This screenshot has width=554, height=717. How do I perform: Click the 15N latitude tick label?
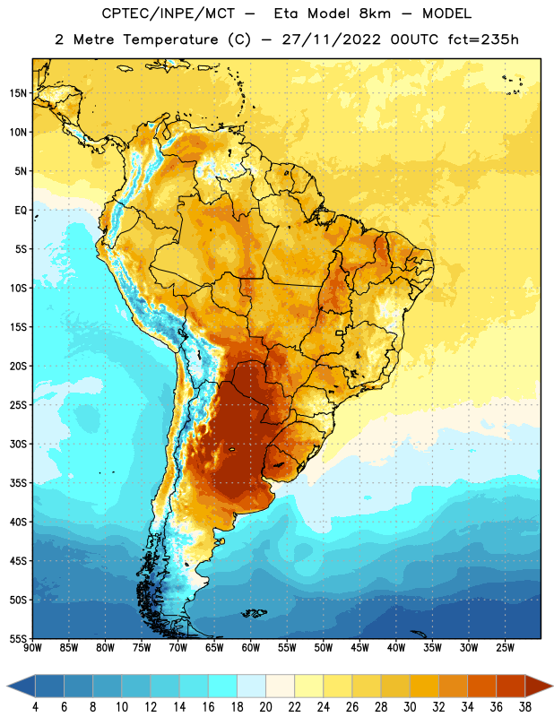coord(18,93)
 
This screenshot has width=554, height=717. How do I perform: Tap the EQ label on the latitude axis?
coord(21,211)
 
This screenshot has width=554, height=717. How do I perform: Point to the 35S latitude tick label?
coord(18,483)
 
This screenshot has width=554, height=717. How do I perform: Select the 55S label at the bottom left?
coord(18,638)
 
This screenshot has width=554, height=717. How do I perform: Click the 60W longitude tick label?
coord(251,647)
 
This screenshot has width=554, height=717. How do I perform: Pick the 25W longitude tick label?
coord(505,647)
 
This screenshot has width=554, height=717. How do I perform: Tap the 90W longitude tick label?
coord(32,647)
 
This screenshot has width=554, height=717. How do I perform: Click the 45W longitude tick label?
coord(359,647)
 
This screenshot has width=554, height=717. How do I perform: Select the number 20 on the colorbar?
coord(265,707)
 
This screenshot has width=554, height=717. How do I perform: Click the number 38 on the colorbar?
coord(524,707)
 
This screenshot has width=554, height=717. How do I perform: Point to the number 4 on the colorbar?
coord(35,707)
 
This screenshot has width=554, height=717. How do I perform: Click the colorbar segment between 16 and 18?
coord(222,686)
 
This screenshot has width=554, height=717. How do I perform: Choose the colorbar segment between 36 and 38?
coord(511,686)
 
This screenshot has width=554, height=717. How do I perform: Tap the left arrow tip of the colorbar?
coord(7,686)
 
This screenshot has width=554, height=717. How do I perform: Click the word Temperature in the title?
coord(170,39)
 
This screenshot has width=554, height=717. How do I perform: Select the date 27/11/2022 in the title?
coord(331,39)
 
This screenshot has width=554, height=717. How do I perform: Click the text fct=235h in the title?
coord(483,39)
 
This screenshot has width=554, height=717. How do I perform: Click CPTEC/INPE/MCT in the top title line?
coord(168,13)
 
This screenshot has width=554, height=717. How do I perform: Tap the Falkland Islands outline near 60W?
coord(254,613)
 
